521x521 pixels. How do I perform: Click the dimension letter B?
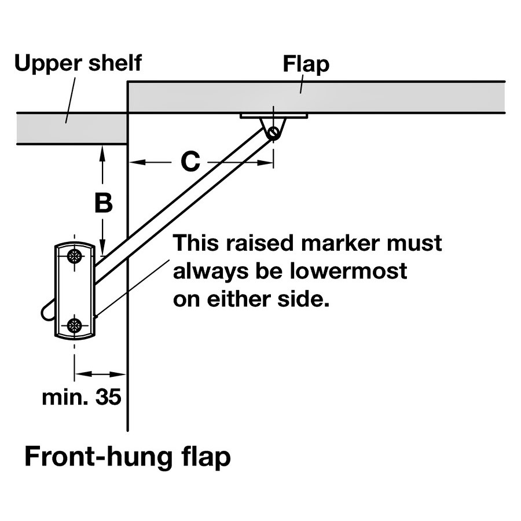tap(102, 203)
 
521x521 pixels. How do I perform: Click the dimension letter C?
tap(190, 163)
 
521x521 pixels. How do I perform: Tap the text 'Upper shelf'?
tap(78, 63)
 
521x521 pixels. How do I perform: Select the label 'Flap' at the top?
tap(306, 64)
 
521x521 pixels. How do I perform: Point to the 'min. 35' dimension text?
tap(82, 398)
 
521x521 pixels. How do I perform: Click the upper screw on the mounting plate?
tap(75, 256)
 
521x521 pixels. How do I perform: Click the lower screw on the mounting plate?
tap(75, 325)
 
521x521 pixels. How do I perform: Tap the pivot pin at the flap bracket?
tap(273, 133)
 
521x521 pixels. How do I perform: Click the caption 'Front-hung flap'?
tap(127, 457)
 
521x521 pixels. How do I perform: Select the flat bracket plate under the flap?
tap(274, 116)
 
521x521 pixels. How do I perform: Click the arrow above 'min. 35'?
tap(100, 373)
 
